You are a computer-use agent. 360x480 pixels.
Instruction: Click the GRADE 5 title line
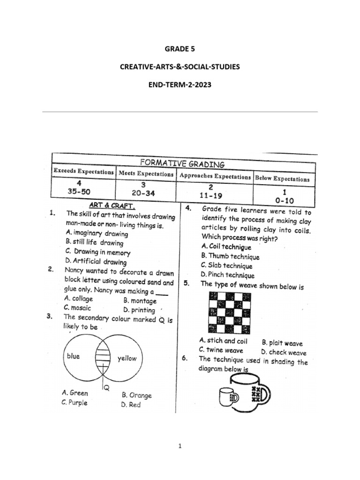180,48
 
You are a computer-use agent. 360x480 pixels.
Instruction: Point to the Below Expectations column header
282,179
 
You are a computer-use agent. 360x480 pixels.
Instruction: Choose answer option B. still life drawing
94,243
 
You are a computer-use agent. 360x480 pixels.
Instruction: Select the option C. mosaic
78,308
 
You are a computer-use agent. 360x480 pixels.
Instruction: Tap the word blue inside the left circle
73,356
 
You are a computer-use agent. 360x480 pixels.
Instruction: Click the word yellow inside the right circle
127,358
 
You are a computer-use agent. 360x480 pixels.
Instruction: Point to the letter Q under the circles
106,388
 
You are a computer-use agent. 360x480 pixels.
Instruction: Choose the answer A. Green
75,393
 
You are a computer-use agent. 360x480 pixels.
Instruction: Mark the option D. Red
131,405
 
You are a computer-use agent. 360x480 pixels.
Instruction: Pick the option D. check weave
284,352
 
